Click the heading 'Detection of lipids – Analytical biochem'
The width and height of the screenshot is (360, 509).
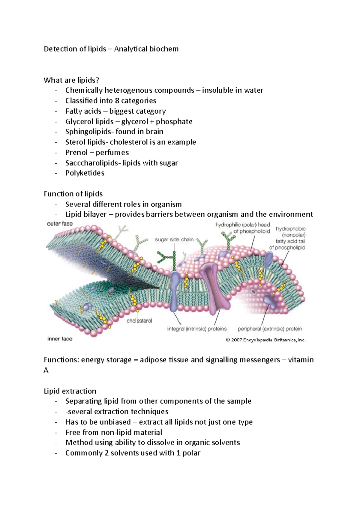[x=111, y=49]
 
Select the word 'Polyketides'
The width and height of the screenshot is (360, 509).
[x=85, y=173]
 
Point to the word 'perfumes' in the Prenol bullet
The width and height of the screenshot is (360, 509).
[x=112, y=153]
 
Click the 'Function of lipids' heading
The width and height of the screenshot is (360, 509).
[x=73, y=194]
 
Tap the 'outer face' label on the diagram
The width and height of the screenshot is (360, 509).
[x=60, y=224]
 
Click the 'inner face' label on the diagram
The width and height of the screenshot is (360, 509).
[x=60, y=339]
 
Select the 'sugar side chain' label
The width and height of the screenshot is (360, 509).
[x=174, y=240]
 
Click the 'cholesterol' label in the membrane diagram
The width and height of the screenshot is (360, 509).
[x=139, y=321]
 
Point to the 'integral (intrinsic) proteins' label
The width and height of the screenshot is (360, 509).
[x=197, y=329]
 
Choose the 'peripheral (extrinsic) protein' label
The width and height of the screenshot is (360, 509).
[x=270, y=329]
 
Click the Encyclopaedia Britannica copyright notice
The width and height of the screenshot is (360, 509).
[x=265, y=340]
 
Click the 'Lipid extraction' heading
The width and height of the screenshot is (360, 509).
[x=70, y=391]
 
